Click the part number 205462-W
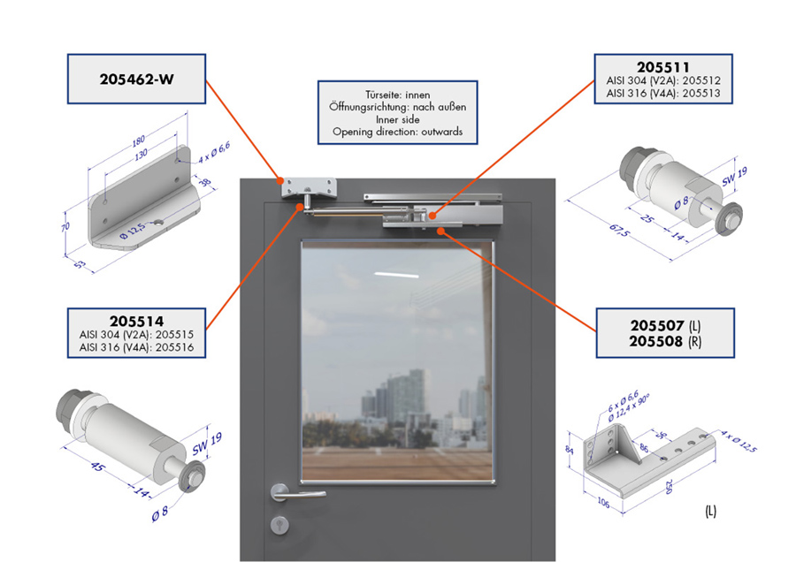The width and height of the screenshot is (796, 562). pyautogui.click(x=136, y=80)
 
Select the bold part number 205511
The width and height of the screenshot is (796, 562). pyautogui.click(x=663, y=67)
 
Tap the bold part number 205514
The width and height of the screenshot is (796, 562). pyautogui.click(x=136, y=321)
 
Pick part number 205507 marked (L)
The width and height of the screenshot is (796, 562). pyautogui.click(x=657, y=325)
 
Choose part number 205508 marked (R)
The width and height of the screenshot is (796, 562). pyautogui.click(x=656, y=341)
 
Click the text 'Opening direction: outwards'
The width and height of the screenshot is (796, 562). pyautogui.click(x=397, y=132)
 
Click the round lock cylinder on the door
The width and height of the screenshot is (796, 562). pyautogui.click(x=279, y=525)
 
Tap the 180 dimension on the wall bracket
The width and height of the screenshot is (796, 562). pyautogui.click(x=139, y=140)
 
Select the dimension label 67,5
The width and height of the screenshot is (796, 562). pyautogui.click(x=620, y=231)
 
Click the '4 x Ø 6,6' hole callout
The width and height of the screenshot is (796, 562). pyautogui.click(x=214, y=153)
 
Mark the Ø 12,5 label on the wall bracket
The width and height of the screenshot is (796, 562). pyautogui.click(x=133, y=231)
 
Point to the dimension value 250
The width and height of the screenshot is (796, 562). pyautogui.click(x=670, y=486)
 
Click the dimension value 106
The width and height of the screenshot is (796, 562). pyautogui.click(x=603, y=502)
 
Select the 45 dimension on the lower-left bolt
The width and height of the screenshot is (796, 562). pyautogui.click(x=96, y=466)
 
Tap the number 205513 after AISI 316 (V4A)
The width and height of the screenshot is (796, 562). pyautogui.click(x=701, y=94)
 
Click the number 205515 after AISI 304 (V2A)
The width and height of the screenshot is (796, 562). pyautogui.click(x=174, y=335)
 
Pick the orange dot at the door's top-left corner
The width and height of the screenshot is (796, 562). pyautogui.click(x=280, y=180)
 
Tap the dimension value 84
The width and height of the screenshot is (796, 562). pyautogui.click(x=570, y=450)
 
